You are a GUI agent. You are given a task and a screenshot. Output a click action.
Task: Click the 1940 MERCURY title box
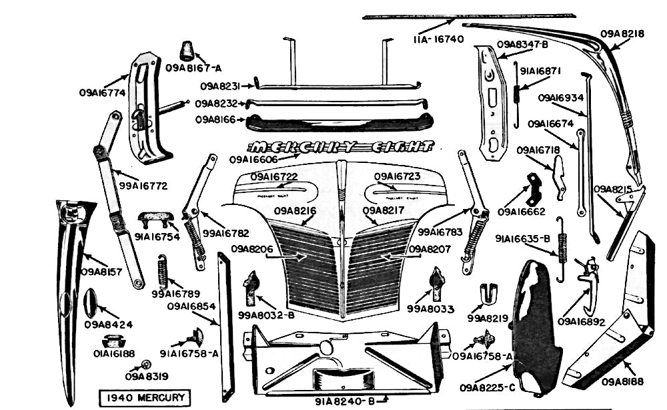point(143,398)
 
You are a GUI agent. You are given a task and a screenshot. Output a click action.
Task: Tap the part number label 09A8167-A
point(193,67)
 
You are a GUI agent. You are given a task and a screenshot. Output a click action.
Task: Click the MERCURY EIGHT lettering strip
point(341,147)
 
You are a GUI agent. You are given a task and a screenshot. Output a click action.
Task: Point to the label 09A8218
point(622,33)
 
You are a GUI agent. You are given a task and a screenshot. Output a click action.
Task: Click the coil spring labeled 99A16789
point(162,272)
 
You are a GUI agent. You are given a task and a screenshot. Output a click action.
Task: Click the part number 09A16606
point(255,160)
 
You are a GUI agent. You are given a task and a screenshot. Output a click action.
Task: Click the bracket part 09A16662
point(534,189)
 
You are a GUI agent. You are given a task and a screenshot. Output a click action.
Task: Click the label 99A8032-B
point(266,315)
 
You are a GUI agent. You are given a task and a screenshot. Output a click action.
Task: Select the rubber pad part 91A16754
point(155,219)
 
